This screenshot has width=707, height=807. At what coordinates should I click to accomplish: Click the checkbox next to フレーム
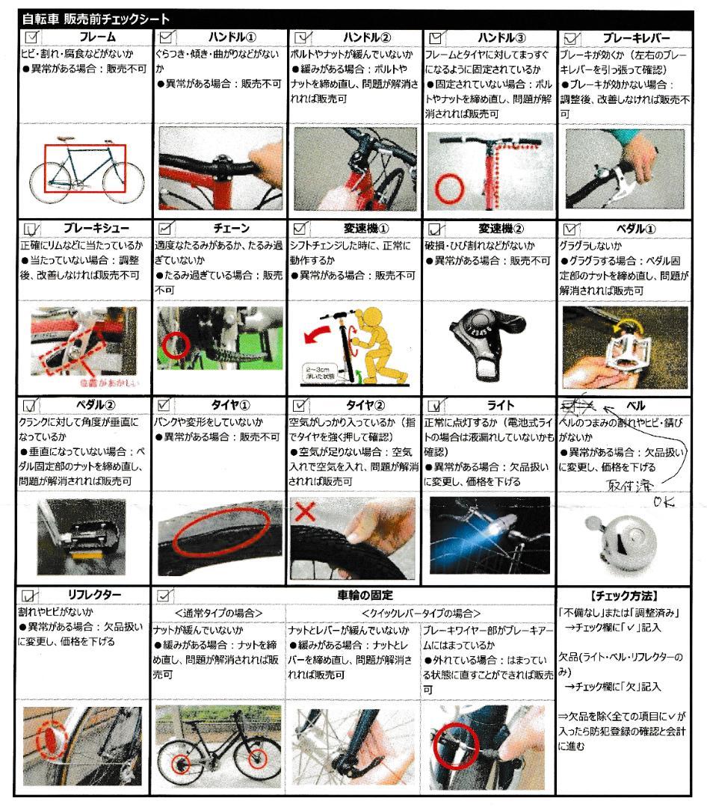pos(31,36)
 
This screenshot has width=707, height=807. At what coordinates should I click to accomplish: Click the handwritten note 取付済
pos(629,483)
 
